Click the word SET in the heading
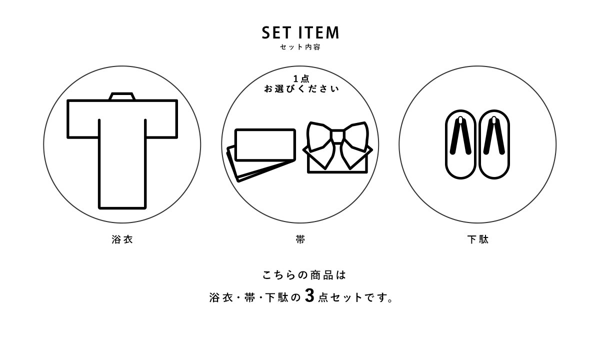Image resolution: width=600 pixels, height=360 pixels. [276, 32]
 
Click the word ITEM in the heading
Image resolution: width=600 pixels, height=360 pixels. [319, 32]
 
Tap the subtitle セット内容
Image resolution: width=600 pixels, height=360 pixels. [300, 47]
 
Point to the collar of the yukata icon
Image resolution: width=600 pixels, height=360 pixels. [122, 96]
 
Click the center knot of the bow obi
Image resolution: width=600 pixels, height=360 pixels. [338, 136]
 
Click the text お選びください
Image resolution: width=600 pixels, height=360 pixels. [301, 89]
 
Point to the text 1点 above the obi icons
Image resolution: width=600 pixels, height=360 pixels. [301, 79]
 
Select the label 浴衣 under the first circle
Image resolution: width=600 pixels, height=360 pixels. [122, 239]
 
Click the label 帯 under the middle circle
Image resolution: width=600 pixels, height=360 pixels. [300, 239]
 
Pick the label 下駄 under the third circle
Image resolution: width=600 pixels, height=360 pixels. [478, 239]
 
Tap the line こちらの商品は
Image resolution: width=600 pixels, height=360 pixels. [304, 275]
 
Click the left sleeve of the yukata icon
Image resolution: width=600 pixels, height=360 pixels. [83, 119]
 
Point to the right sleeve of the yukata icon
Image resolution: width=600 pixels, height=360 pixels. [161, 119]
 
